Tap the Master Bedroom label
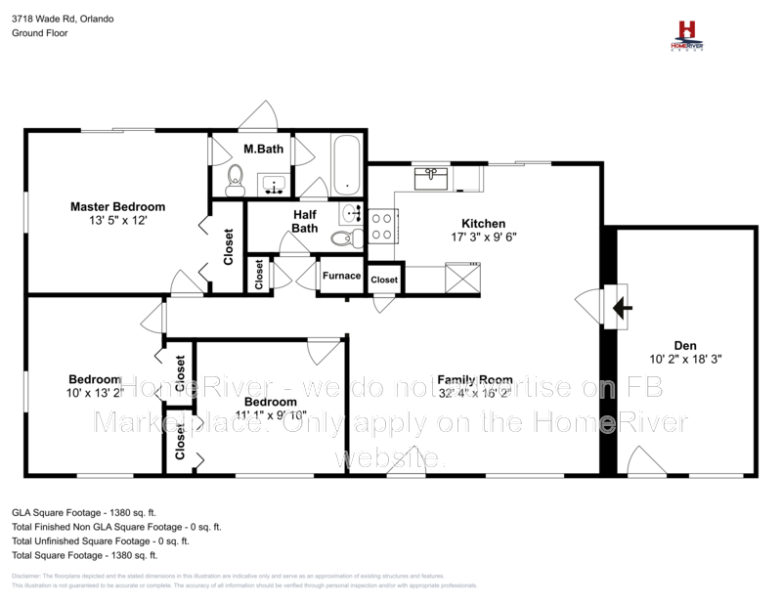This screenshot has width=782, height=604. click(117, 206)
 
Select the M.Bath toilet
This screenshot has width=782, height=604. click(235, 177)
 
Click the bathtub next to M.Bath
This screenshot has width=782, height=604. click(346, 165)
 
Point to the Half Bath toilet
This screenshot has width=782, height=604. click(341, 237)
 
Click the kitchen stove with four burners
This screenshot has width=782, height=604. click(381, 227)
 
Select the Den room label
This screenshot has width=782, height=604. click(684, 344)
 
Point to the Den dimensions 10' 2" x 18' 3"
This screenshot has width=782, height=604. click(684, 359)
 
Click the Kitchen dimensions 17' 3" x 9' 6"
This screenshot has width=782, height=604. click(483, 237)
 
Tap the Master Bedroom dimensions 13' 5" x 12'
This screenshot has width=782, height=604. click(117, 221)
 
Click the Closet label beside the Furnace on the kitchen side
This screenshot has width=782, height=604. click(384, 280)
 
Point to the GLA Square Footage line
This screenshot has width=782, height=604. click(83, 511)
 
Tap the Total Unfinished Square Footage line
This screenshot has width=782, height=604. click(100, 539)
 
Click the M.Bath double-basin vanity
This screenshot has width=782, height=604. click(274, 183)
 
